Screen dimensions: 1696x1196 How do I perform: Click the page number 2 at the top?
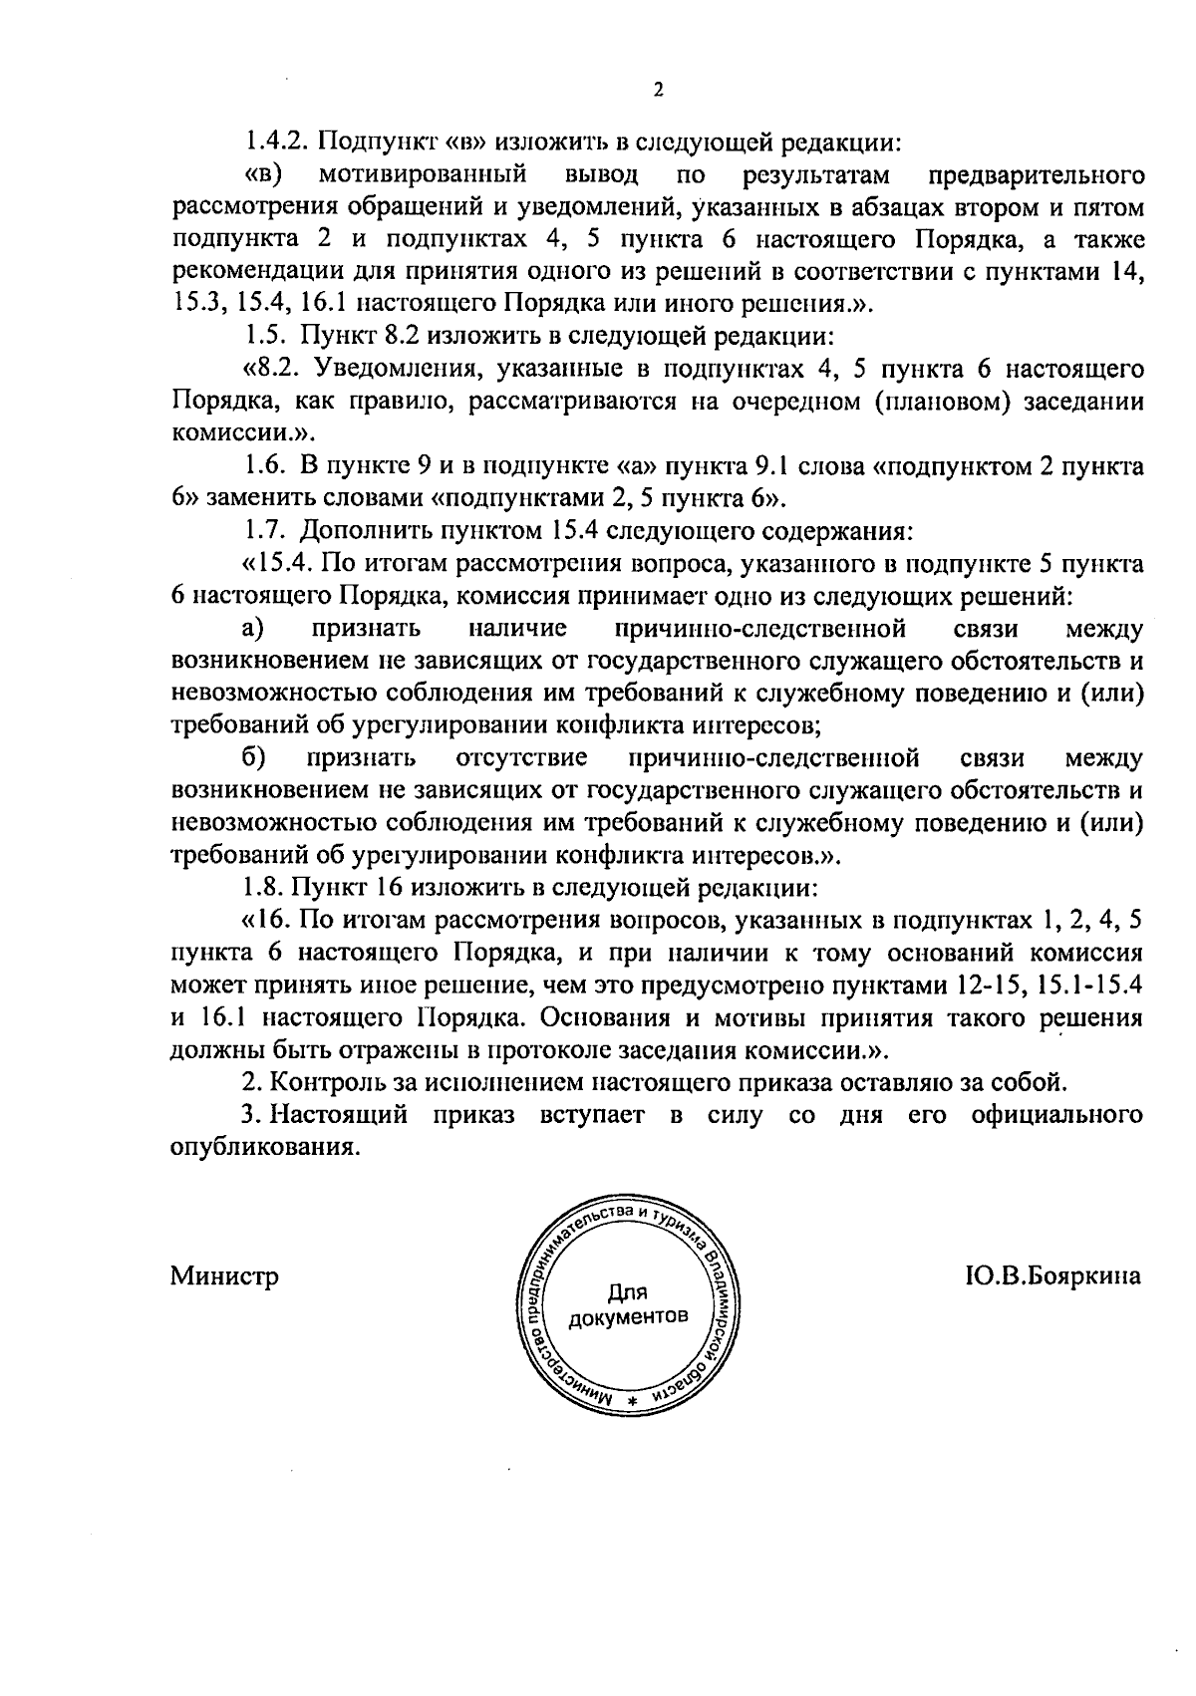[x=658, y=91]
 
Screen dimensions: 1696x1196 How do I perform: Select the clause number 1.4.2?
[x=279, y=141]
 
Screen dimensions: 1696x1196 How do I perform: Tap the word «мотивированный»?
[x=423, y=175]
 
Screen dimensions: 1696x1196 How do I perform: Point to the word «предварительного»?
[x=1036, y=175]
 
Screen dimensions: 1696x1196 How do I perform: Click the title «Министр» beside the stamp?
[x=224, y=1276]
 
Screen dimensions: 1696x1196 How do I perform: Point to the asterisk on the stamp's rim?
[x=632, y=1402]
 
